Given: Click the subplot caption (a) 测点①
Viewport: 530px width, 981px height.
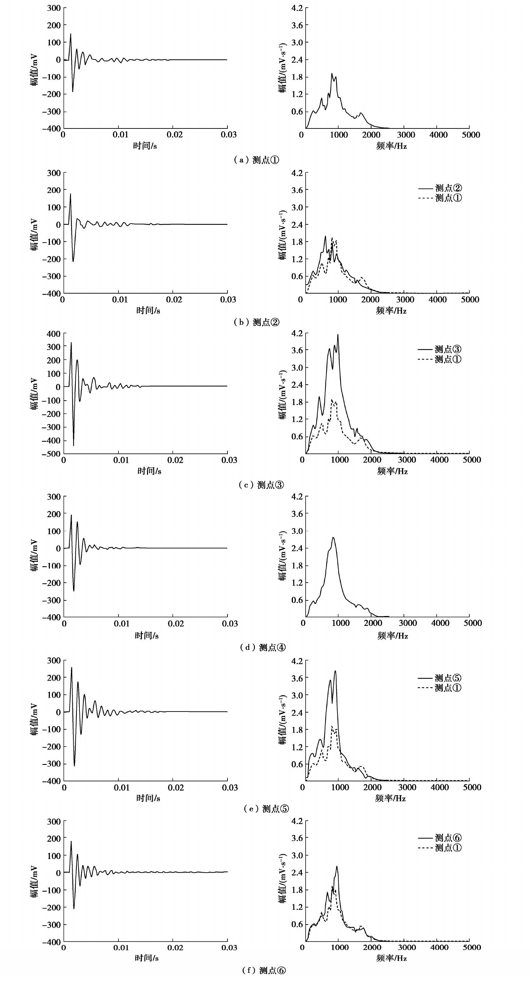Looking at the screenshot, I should tap(256, 160).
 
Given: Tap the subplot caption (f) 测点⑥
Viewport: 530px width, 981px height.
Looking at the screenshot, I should tap(264, 970).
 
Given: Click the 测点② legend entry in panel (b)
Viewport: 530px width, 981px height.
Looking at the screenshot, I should tap(440, 188).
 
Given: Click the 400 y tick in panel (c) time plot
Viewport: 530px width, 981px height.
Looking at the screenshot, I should tap(53, 334).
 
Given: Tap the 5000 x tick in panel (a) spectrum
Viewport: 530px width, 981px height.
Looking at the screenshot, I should tap(471, 135).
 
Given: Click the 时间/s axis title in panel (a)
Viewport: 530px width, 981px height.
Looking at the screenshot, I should tap(145, 146).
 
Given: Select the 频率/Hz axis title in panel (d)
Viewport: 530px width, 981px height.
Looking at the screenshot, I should tap(392, 635).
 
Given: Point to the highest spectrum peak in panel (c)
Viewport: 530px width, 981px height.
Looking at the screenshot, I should tap(338, 335).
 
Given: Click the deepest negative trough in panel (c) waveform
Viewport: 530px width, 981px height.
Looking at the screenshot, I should tap(73, 445).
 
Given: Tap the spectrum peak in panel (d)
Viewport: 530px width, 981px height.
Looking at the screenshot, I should tap(333, 537).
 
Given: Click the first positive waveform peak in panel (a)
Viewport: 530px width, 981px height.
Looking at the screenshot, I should tap(70, 34).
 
